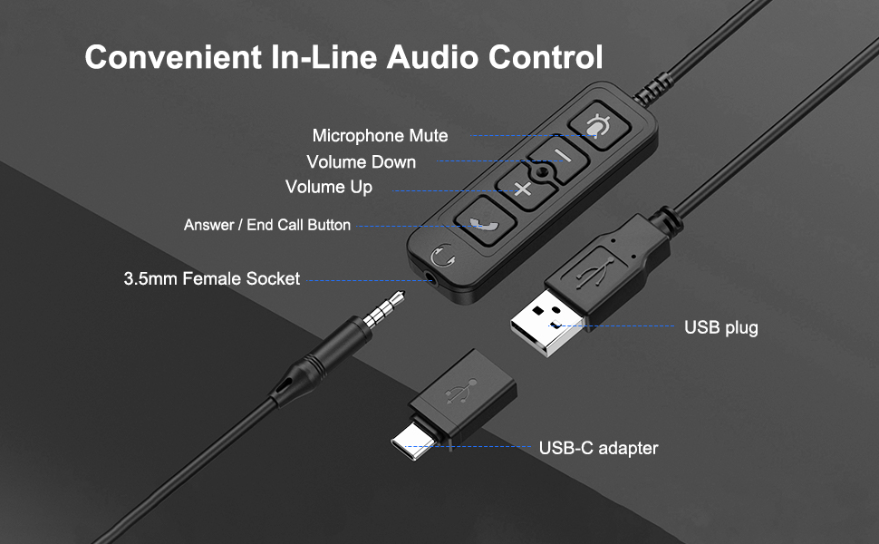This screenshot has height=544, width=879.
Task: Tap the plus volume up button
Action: tap(522, 189)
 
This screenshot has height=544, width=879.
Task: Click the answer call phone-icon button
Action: tap(478, 223)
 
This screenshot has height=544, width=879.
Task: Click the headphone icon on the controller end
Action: tap(442, 257)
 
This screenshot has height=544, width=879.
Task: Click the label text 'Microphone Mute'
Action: tap(380, 136)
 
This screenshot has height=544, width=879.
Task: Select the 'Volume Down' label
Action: tap(361, 162)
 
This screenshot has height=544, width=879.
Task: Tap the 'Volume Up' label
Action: tap(328, 188)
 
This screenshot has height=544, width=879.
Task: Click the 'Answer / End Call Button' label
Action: tap(266, 225)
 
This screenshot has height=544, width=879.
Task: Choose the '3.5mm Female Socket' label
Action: tap(211, 279)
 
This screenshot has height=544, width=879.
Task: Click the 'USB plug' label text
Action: tap(720, 327)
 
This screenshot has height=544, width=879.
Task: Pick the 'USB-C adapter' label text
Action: tap(598, 448)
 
